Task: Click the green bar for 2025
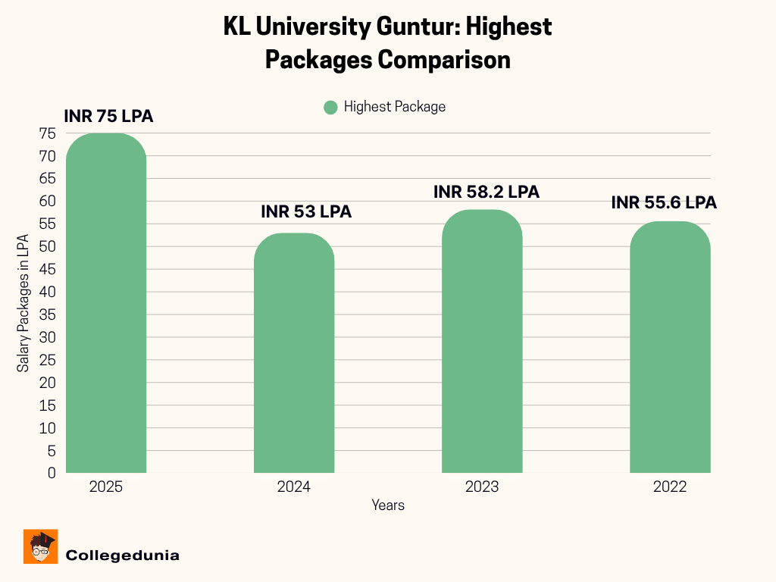(106, 303)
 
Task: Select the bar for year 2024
(294, 353)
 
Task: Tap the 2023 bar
(482, 341)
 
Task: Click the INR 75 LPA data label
(108, 117)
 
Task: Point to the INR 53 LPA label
(306, 212)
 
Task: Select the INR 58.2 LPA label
(487, 192)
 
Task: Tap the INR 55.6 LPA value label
(664, 203)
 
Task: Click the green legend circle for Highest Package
(330, 108)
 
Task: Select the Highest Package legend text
(395, 107)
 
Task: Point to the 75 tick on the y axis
(47, 133)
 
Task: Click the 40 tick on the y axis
(47, 292)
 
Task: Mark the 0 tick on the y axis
(51, 473)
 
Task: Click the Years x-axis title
(388, 505)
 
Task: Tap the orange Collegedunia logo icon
(41, 546)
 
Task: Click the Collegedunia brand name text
(123, 555)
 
